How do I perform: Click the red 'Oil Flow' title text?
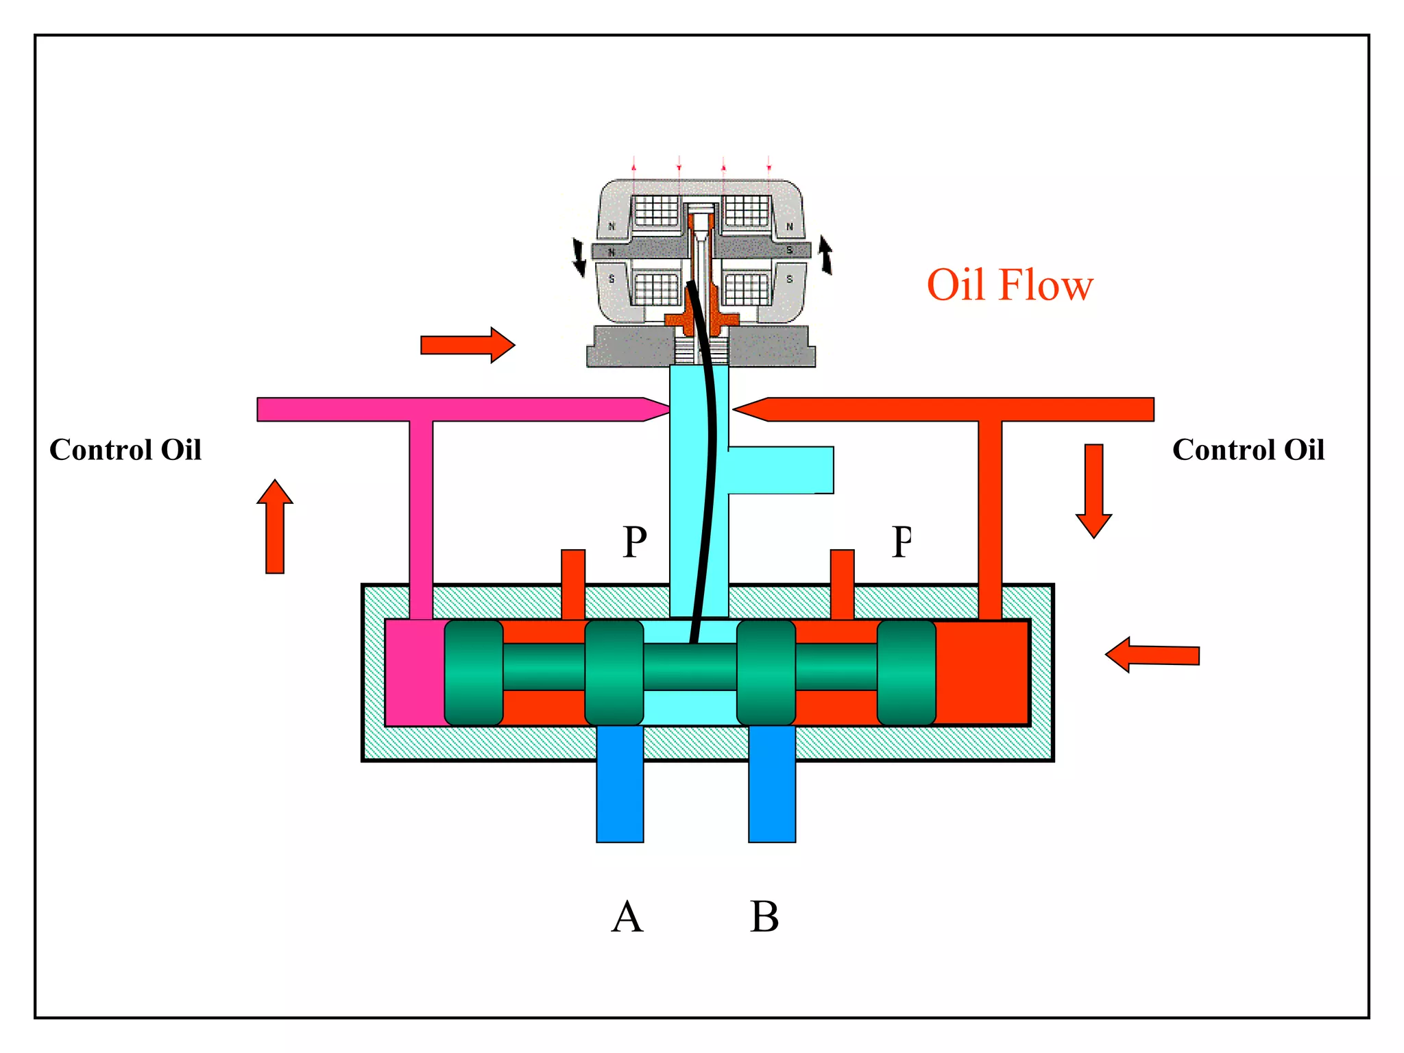point(1010,285)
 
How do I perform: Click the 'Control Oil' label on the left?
point(125,450)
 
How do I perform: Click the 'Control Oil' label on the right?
point(1248,450)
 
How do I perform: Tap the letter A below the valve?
point(627,917)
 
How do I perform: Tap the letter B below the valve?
point(764,917)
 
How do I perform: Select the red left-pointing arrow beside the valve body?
point(1152,655)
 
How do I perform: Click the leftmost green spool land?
point(474,673)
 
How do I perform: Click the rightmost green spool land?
point(906,673)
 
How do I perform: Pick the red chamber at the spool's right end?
point(982,673)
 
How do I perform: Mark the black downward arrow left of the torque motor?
point(579,257)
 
